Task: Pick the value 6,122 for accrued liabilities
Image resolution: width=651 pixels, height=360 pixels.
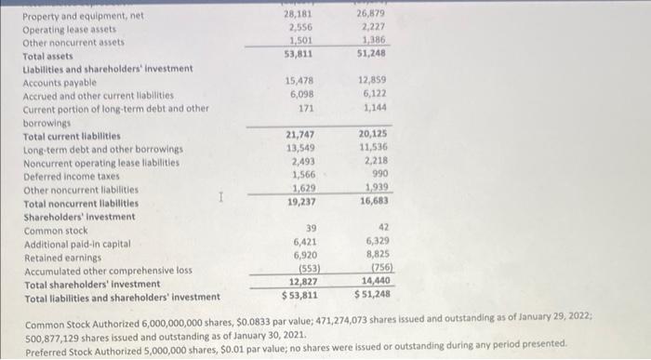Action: pyautogui.click(x=375, y=94)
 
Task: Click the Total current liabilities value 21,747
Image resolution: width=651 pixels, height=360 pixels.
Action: pyautogui.click(x=299, y=136)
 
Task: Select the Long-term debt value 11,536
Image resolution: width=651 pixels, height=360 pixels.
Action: pyautogui.click(x=375, y=148)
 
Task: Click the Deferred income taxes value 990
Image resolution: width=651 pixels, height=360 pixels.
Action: pyautogui.click(x=379, y=174)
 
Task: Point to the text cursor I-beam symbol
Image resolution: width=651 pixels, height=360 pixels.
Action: pyautogui.click(x=219, y=196)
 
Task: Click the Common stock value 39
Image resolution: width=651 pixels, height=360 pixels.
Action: pyautogui.click(x=310, y=229)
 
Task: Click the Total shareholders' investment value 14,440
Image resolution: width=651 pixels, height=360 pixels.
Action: pyautogui.click(x=373, y=281)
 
